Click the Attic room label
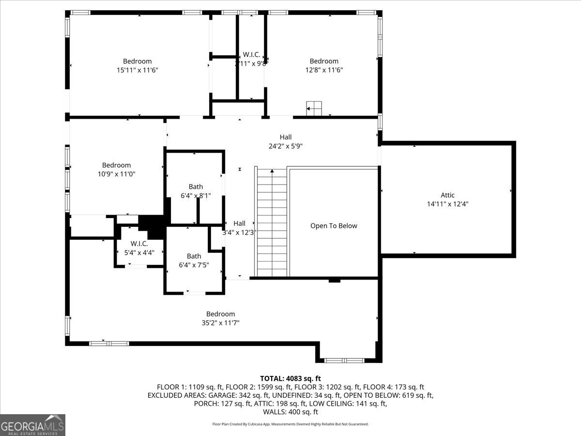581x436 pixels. [x=447, y=195]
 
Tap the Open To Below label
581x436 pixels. [x=334, y=226]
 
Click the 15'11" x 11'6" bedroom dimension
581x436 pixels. [x=138, y=70]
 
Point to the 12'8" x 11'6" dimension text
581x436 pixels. [x=324, y=70]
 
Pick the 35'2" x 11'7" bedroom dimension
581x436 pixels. [x=220, y=323]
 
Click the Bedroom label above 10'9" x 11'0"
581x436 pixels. [x=116, y=165]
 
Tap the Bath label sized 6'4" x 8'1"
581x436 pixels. [x=196, y=187]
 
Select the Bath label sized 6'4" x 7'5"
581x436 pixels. [x=194, y=256]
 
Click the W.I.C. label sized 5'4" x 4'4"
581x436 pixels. [x=139, y=244]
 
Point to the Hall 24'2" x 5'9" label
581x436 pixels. [x=286, y=137]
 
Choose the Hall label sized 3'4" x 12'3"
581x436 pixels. [x=239, y=223]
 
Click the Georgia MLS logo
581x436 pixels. [x=32, y=425]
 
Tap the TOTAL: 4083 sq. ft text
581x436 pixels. [x=290, y=378]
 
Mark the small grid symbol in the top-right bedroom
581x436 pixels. [x=314, y=109]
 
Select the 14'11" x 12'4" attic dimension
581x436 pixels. [x=447, y=204]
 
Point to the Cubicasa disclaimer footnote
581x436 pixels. [x=290, y=424]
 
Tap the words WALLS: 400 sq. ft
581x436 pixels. [x=290, y=412]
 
